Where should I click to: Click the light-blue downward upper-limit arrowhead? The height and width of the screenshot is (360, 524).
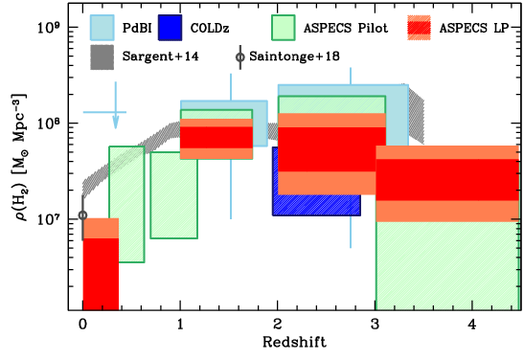pos(115,122)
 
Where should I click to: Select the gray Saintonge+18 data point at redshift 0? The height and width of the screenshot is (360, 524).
pos(82,214)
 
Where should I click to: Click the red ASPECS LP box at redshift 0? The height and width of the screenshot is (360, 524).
pos(100,273)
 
